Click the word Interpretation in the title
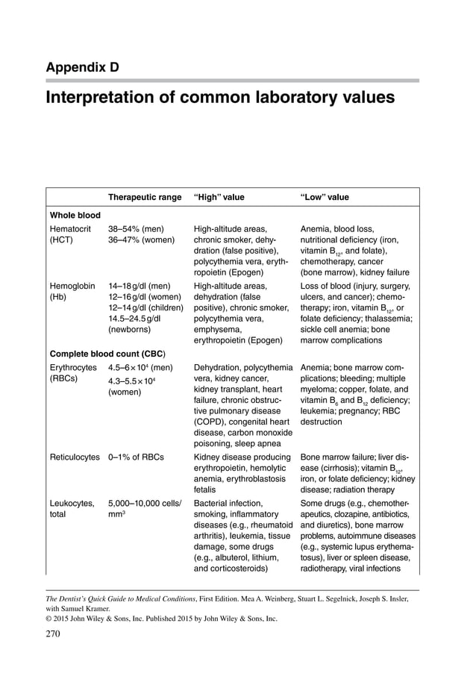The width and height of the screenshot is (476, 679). [100, 98]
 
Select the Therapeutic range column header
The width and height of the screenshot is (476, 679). [145, 197]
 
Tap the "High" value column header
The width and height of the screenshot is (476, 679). [219, 197]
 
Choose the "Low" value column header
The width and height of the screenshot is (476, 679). [324, 197]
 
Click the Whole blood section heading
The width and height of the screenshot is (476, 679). [75, 215]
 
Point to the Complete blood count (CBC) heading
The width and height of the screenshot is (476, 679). [107, 353]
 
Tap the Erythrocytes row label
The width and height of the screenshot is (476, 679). [73, 367]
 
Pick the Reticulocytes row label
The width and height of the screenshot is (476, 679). [75, 457]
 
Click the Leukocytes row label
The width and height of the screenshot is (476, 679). [72, 503]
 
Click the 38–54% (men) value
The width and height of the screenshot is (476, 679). [136, 228]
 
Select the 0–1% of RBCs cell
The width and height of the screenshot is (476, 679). [136, 457]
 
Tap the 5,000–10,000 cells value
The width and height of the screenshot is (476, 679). [145, 503]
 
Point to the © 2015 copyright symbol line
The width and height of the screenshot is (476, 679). [161, 618]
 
